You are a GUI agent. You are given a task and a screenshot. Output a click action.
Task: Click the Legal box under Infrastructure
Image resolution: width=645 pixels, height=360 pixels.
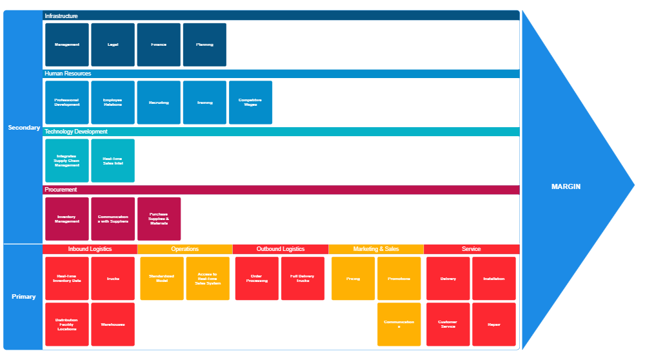(113, 45)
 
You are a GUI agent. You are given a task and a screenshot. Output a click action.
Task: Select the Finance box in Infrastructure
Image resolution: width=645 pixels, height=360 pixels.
(159, 45)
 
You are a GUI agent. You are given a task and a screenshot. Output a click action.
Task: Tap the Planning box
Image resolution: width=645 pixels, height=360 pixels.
(204, 45)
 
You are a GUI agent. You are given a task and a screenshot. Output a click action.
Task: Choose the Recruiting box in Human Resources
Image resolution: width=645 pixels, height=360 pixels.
(159, 103)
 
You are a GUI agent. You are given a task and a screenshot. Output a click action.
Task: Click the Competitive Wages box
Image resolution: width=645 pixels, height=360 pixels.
(250, 103)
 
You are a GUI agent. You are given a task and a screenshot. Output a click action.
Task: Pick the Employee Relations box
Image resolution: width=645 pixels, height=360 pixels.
(113, 103)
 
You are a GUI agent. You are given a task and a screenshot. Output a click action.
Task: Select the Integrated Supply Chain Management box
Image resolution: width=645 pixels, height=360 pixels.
(67, 161)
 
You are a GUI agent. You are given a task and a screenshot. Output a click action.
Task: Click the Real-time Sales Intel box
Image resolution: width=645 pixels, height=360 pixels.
(113, 161)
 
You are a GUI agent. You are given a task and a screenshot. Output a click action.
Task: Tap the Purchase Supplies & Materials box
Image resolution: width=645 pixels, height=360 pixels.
(159, 219)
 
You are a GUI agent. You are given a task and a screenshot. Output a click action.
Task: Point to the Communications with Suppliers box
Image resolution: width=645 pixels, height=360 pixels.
(113, 219)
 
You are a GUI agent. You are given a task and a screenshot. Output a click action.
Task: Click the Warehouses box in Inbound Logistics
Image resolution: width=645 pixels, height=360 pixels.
(113, 325)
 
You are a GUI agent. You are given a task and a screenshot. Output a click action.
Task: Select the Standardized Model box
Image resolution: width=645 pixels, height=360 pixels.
(162, 279)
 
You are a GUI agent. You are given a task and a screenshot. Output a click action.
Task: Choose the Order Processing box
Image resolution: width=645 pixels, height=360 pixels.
(257, 279)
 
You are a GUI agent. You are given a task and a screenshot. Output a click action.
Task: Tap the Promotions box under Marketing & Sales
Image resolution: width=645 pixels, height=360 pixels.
(399, 279)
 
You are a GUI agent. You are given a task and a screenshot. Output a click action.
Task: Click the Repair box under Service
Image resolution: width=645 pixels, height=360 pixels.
(494, 325)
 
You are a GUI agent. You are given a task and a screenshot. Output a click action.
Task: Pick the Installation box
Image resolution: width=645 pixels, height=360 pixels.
(494, 279)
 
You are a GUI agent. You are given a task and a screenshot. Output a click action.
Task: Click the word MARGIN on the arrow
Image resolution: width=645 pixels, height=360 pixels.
(566, 186)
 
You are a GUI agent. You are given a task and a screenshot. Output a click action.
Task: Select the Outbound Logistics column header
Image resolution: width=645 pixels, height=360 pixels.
(281, 249)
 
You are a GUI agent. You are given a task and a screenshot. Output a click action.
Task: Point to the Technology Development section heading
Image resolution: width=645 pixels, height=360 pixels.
(76, 132)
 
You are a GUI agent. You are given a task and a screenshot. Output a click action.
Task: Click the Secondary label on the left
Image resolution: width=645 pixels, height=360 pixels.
(24, 128)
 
